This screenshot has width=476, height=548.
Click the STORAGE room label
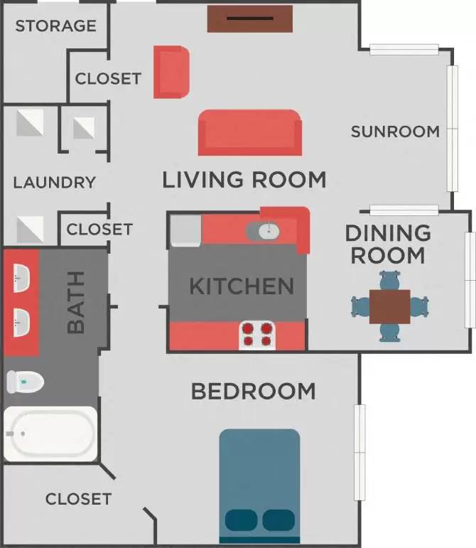click(55, 26)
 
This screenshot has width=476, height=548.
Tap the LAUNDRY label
click(54, 183)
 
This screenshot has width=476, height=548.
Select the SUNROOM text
click(395, 131)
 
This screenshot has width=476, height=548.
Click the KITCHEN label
click(242, 286)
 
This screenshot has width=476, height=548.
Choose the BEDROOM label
click(253, 391)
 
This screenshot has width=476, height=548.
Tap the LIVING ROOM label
click(244, 179)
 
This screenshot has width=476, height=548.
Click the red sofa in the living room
click(250, 132)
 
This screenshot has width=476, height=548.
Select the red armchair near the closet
click(171, 72)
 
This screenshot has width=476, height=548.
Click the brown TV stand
click(250, 18)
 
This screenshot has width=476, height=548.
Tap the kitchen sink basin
click(263, 230)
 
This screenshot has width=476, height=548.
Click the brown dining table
click(390, 306)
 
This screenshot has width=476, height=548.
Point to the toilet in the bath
click(25, 382)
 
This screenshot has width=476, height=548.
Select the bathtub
click(50, 434)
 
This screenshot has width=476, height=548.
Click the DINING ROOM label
click(388, 244)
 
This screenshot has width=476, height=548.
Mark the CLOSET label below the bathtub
click(78, 499)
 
